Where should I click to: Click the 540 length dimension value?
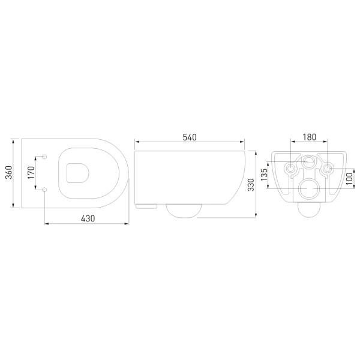(x=189, y=137)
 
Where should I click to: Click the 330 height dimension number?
(x=252, y=181)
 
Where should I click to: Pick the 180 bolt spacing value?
(x=308, y=137)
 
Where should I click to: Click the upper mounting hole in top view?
(x=46, y=157)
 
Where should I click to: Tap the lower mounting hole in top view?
(x=46, y=190)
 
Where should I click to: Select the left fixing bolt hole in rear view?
(x=290, y=169)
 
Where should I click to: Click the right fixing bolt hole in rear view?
(x=327, y=169)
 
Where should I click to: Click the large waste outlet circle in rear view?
(x=308, y=189)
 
